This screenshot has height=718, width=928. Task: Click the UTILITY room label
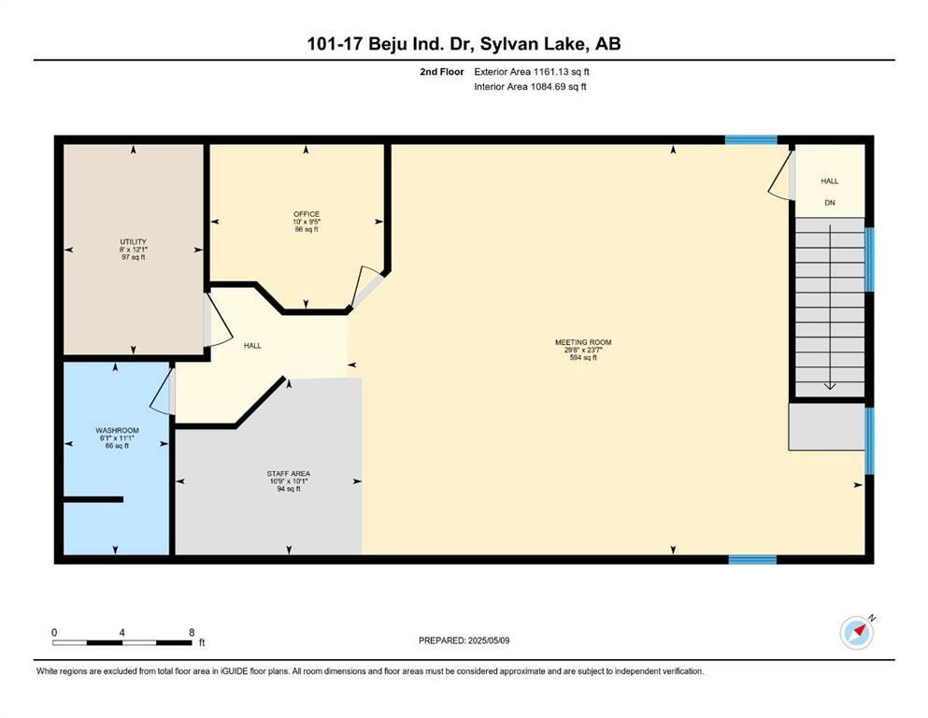133,241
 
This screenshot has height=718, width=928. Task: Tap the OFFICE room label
307,214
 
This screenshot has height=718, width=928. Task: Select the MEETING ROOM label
583,342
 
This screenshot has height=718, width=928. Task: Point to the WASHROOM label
117,430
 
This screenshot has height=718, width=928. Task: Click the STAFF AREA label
288,474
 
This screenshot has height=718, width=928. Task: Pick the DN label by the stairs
830,203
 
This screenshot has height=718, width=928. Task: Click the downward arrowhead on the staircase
830,386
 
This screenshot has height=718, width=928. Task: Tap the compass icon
857,632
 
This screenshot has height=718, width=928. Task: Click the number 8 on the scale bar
192,632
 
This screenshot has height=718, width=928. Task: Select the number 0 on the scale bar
54,632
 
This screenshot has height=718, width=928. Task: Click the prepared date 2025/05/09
488,640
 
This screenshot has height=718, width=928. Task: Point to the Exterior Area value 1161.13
551,72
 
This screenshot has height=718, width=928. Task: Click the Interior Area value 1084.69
548,86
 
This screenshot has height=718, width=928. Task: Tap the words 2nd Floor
442,72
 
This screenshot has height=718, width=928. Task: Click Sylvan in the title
505,44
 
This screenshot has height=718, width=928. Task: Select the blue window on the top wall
751,139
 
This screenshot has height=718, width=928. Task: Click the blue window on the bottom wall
752,559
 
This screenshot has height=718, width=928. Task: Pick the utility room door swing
218,320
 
